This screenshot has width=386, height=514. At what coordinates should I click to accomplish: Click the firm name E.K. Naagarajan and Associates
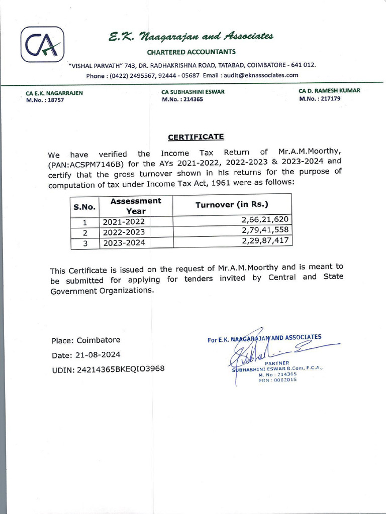pyautogui.click(x=191, y=37)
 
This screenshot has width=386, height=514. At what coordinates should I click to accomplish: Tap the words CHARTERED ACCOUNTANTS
pyautogui.click(x=191, y=52)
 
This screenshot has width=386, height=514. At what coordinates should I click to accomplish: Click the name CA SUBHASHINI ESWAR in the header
pyautogui.click(x=193, y=92)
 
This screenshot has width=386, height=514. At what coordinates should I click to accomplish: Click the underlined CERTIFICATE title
pyautogui.click(x=196, y=137)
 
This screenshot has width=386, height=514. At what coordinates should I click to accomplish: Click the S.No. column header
pyautogui.click(x=84, y=206)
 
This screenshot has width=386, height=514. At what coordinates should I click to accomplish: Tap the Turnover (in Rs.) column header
pyautogui.click(x=232, y=205)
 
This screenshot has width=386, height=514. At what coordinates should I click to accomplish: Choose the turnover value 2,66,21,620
pyautogui.click(x=265, y=220)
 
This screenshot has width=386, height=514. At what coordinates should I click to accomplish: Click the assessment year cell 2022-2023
pyautogui.click(x=124, y=232)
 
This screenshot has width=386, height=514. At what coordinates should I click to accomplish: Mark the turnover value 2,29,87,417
pyautogui.click(x=265, y=241)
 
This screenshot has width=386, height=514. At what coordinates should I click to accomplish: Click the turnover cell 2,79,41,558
pyautogui.click(x=265, y=230)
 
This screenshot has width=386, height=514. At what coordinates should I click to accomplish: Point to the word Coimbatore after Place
pyautogui.click(x=99, y=340)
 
